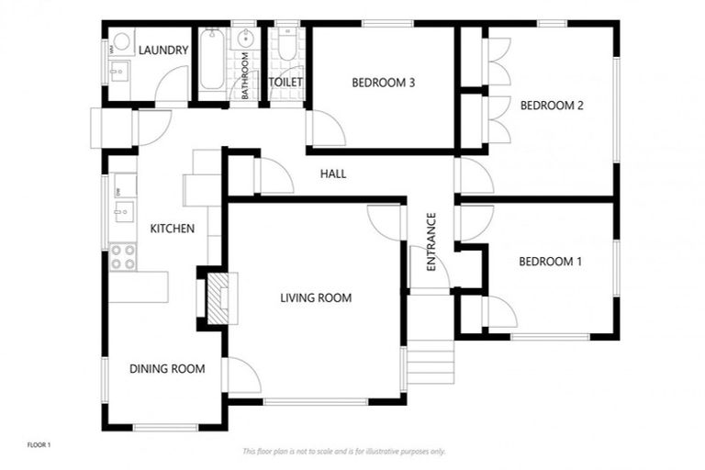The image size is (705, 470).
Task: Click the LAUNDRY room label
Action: point(164,50)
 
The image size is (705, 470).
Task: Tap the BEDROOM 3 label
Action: point(384,84)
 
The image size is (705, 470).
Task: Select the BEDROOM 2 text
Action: point(552,106)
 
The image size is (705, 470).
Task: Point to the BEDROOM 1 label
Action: point(550,262)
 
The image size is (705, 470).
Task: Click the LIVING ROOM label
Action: point(316,297)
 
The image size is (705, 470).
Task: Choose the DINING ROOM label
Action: point(166,369)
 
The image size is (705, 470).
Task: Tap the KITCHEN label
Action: point(172,229)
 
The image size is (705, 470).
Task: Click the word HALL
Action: point(333,173)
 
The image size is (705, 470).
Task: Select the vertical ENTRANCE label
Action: point(431,241)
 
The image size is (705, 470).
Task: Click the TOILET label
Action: point(285,83)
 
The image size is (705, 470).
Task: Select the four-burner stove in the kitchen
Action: point(123,256)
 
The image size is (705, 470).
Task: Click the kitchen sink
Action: point(121,212)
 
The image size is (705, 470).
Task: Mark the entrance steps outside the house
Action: point(430,363)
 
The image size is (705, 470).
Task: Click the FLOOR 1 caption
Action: point(39,445)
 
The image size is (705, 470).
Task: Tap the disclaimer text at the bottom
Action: point(344,452)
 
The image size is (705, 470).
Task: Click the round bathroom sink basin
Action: point(245,39)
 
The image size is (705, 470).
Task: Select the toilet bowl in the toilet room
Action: point(286,48)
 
